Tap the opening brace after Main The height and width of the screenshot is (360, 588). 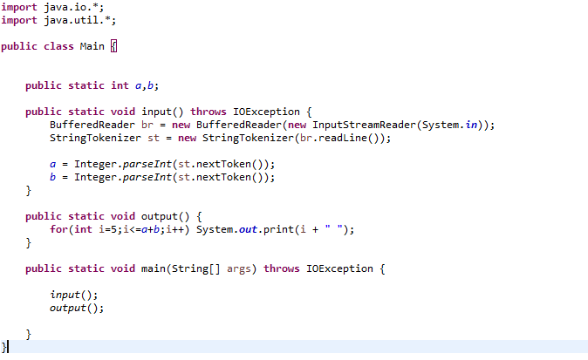click(x=113, y=46)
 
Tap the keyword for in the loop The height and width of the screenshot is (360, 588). click(x=58, y=229)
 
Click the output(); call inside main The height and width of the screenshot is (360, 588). click(x=76, y=308)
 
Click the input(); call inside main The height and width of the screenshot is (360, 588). click(x=73, y=295)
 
